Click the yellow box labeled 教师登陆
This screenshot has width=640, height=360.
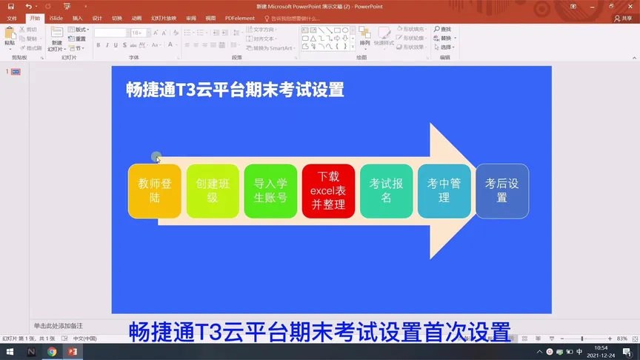[x=154, y=191]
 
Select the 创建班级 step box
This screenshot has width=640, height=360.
[x=213, y=191]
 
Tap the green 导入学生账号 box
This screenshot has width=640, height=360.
[x=270, y=191]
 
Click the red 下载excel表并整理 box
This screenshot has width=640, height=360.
[x=328, y=191]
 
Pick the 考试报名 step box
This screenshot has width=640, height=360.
[x=386, y=191]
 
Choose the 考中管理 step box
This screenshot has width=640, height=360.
[x=444, y=191]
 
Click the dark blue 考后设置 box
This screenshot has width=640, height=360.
[x=501, y=191]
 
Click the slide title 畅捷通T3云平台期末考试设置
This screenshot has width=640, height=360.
[x=236, y=90]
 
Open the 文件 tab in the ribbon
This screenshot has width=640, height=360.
[x=12, y=18]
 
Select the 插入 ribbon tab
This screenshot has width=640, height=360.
[x=77, y=18]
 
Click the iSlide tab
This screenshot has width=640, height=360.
[x=56, y=18]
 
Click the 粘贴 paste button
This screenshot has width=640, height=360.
[x=10, y=37]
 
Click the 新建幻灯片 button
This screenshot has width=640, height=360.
[x=57, y=39]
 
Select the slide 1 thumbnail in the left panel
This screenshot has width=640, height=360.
[x=16, y=72]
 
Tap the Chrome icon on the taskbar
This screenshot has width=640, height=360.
[x=52, y=352]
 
